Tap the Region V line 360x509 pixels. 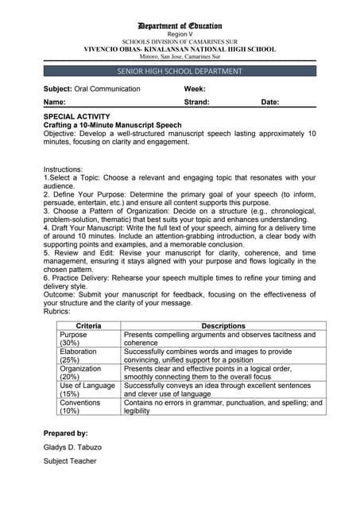pyautogui.click(x=180, y=35)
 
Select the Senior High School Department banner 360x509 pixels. pyautogui.click(x=180, y=72)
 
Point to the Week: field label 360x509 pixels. pyautogui.click(x=195, y=89)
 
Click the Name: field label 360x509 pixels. pyautogui.click(x=55, y=103)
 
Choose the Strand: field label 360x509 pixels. pyautogui.click(x=196, y=103)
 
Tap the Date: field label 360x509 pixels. pyautogui.click(x=270, y=103)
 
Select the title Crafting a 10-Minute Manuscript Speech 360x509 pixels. pyautogui.click(x=112, y=125)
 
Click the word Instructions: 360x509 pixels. pyautogui.click(x=63, y=169)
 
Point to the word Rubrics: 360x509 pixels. pyautogui.click(x=58, y=312)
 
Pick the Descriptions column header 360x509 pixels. pyautogui.click(x=223, y=326)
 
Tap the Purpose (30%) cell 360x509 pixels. pyautogui.click(x=74, y=339)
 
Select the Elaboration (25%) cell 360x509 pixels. pyautogui.click(x=78, y=356)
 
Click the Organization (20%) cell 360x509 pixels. pyautogui.click(x=80, y=373)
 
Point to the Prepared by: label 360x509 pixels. pyautogui.click(x=65, y=433)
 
